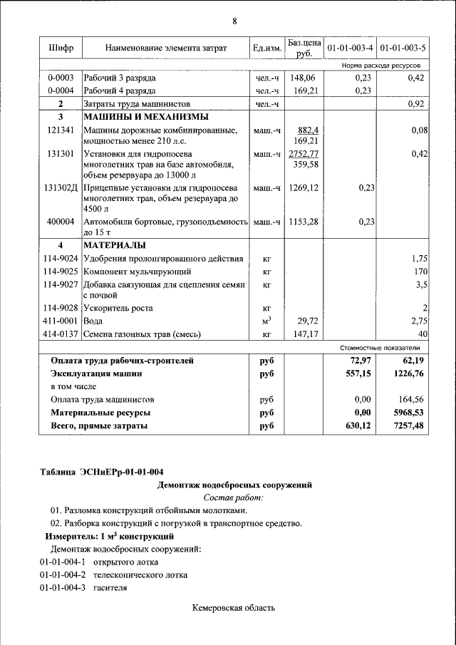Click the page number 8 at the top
pyautogui.click(x=234, y=20)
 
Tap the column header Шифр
pyautogui.click(x=60, y=48)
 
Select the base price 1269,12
pyautogui.click(x=304, y=187)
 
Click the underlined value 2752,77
pyautogui.click(x=304, y=153)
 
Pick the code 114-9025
pyautogui.click(x=61, y=272)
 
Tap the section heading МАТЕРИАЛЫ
pyautogui.click(x=114, y=245)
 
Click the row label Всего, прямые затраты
pyautogui.click(x=99, y=425)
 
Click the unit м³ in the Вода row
pyautogui.click(x=266, y=321)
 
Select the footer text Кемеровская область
pyautogui.click(x=234, y=608)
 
